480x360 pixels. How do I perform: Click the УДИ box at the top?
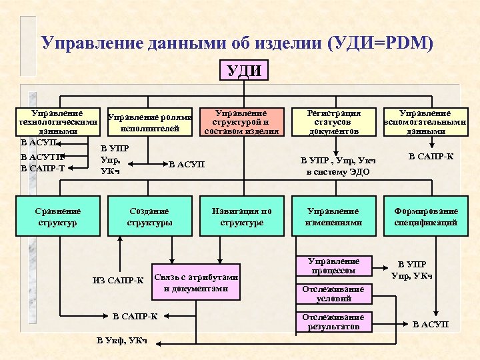[245, 71]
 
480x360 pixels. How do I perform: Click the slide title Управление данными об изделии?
[237, 43]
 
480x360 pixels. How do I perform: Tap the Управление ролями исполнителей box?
[150, 123]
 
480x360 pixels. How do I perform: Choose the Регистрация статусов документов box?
[333, 122]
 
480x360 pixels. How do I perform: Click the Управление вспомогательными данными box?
[425, 122]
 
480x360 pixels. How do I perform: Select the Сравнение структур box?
[59, 217]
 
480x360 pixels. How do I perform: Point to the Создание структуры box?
[149, 217]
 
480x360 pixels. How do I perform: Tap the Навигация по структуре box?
[241, 217]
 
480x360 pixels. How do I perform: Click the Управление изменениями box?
[333, 217]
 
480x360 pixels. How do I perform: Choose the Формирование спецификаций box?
[425, 217]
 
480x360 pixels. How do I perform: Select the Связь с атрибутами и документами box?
[195, 283]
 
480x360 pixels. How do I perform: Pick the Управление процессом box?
[333, 266]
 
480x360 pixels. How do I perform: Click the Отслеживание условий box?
[333, 294]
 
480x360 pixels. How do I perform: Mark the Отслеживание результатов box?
[333, 322]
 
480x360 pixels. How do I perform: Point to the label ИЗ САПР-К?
[118, 279]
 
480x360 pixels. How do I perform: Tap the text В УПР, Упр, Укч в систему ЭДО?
[337, 166]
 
